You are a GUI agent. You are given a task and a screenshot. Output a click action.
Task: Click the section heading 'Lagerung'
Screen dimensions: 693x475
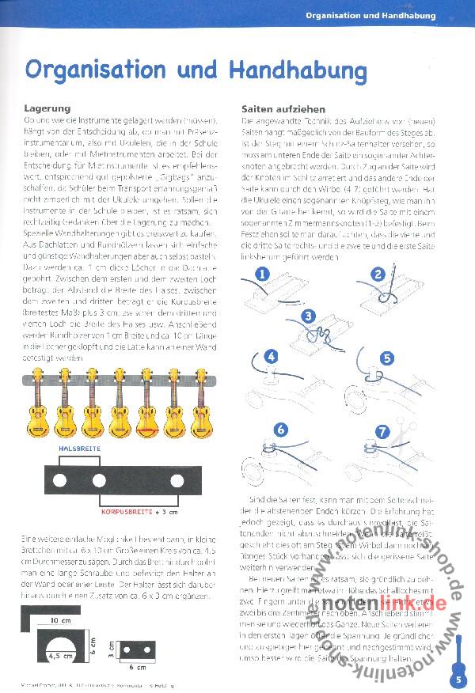(x=48, y=108)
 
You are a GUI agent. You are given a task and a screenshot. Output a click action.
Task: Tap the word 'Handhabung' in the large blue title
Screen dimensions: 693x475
(x=298, y=69)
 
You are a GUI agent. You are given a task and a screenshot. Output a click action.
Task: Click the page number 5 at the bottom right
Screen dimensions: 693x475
(x=459, y=678)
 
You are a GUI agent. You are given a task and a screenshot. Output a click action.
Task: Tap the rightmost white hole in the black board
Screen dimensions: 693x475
(x=176, y=479)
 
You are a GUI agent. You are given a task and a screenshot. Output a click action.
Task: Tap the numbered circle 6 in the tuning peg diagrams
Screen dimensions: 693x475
(x=279, y=430)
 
